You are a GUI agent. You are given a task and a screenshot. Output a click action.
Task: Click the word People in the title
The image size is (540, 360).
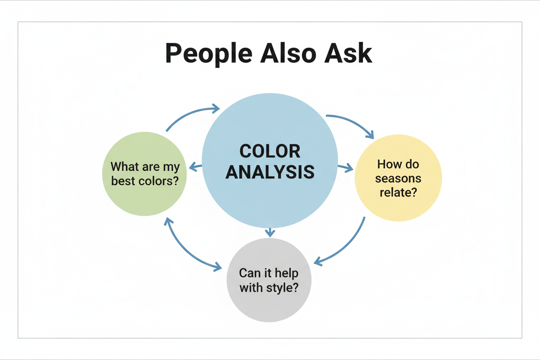tap(209, 54)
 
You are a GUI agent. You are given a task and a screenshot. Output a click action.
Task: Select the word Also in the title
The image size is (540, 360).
tap(288, 53)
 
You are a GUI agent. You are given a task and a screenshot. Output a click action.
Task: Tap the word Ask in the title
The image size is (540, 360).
tap(348, 53)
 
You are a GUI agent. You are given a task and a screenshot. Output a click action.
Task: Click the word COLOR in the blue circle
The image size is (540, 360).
tap(270, 151)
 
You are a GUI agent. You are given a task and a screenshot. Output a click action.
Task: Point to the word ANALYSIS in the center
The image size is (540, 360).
tap(270, 172)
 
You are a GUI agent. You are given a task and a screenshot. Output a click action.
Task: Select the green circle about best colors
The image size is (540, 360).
tap(145, 174)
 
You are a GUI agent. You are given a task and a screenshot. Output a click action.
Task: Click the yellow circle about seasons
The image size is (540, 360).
tap(398, 178)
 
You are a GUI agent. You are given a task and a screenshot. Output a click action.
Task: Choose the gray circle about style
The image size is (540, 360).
tap(269, 280)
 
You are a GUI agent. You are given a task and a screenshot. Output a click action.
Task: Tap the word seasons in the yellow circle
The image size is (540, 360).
tap(398, 179)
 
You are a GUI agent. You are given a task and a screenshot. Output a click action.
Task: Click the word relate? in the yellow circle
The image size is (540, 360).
tap(398, 193)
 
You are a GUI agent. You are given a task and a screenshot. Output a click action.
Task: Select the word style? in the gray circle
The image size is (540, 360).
tap(282, 288)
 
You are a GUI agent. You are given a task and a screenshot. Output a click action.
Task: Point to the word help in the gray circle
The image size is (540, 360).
tap(286, 273)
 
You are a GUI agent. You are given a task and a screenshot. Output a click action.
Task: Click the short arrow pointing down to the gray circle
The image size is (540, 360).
tap(270, 232)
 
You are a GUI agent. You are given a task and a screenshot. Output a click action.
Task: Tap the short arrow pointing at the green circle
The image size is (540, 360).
tap(196, 167)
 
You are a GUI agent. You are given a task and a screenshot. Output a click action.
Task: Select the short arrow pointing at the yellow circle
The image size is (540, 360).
tap(345, 168)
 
